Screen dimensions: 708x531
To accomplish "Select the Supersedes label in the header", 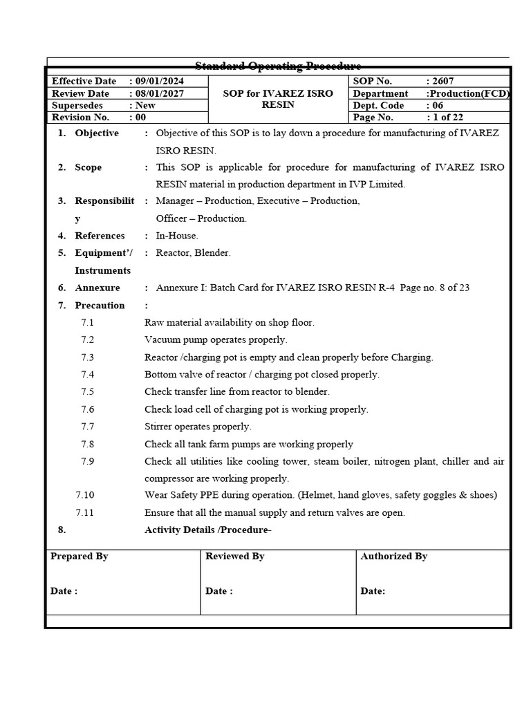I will tap(77, 105).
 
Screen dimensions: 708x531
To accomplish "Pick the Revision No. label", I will tap(80, 118).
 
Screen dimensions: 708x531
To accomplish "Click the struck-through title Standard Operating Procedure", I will tap(278, 66).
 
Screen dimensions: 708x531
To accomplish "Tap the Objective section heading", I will tap(97, 133).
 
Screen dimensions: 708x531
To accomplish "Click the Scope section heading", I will tap(88, 167).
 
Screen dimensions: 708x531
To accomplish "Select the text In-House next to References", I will tap(177, 236).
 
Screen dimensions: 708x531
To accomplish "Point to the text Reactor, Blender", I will tap(194, 253).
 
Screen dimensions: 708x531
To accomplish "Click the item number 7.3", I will tap(87, 357).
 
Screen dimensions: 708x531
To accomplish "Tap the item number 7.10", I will tap(85, 495).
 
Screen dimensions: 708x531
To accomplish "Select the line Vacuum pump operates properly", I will tap(216, 340).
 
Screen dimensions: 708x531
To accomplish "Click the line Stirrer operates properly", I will tap(198, 427).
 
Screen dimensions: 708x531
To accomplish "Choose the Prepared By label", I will tap(80, 556).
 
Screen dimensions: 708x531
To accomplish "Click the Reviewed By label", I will tap(235, 556).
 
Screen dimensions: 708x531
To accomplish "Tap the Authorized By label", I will tap(394, 556).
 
